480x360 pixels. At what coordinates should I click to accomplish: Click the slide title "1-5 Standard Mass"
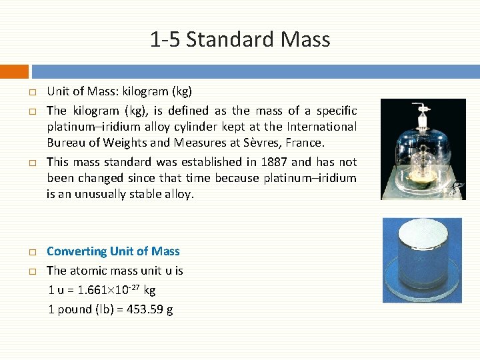click(x=240, y=39)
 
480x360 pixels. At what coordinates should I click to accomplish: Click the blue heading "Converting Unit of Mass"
click(x=113, y=251)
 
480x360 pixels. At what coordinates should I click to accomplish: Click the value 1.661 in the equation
click(x=90, y=291)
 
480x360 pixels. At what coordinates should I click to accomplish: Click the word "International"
click(x=321, y=127)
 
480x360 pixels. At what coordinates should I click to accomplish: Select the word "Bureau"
click(x=65, y=143)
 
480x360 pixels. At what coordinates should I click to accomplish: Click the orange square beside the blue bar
click(x=14, y=71)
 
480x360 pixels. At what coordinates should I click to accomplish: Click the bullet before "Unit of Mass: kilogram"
click(x=31, y=92)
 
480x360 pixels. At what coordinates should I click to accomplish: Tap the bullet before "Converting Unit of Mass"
click(x=31, y=253)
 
